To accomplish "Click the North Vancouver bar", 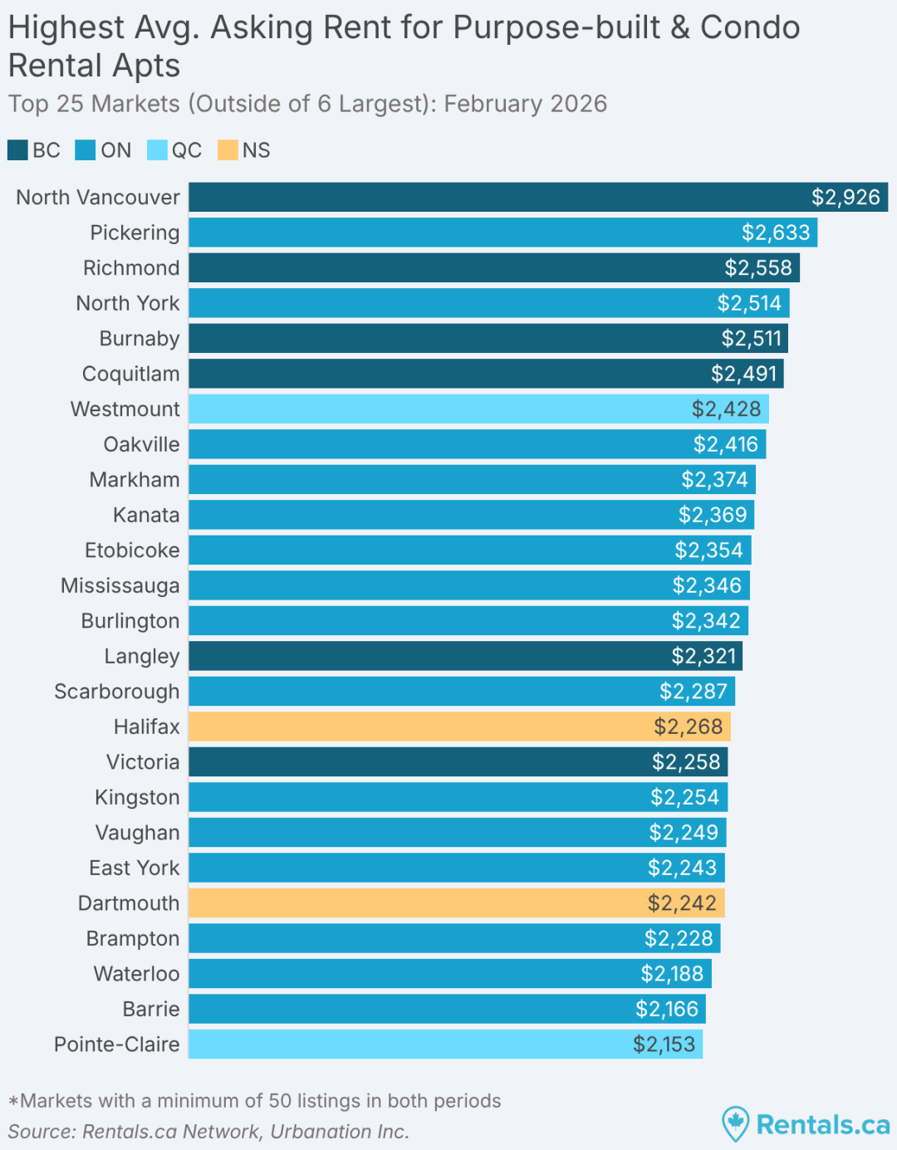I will coord(498,198).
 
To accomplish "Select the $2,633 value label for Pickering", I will coord(776,232).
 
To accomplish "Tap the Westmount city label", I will coord(125,409).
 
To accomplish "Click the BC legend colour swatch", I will coord(17,150).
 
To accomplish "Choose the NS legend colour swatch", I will coord(228,150).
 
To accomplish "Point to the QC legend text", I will coord(187,150).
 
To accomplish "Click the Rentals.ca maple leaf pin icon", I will coord(735,1123).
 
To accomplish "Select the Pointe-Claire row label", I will coord(117,1045).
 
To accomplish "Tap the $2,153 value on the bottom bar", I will coord(664,1045).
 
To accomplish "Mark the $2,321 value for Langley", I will coord(703,657).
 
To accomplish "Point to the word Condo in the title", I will coord(750,27).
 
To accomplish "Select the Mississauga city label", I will coord(120,586).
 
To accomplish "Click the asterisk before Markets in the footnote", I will coord(13,1103).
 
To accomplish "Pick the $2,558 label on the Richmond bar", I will coord(758,268).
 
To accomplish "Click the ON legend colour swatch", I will coord(85,150).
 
